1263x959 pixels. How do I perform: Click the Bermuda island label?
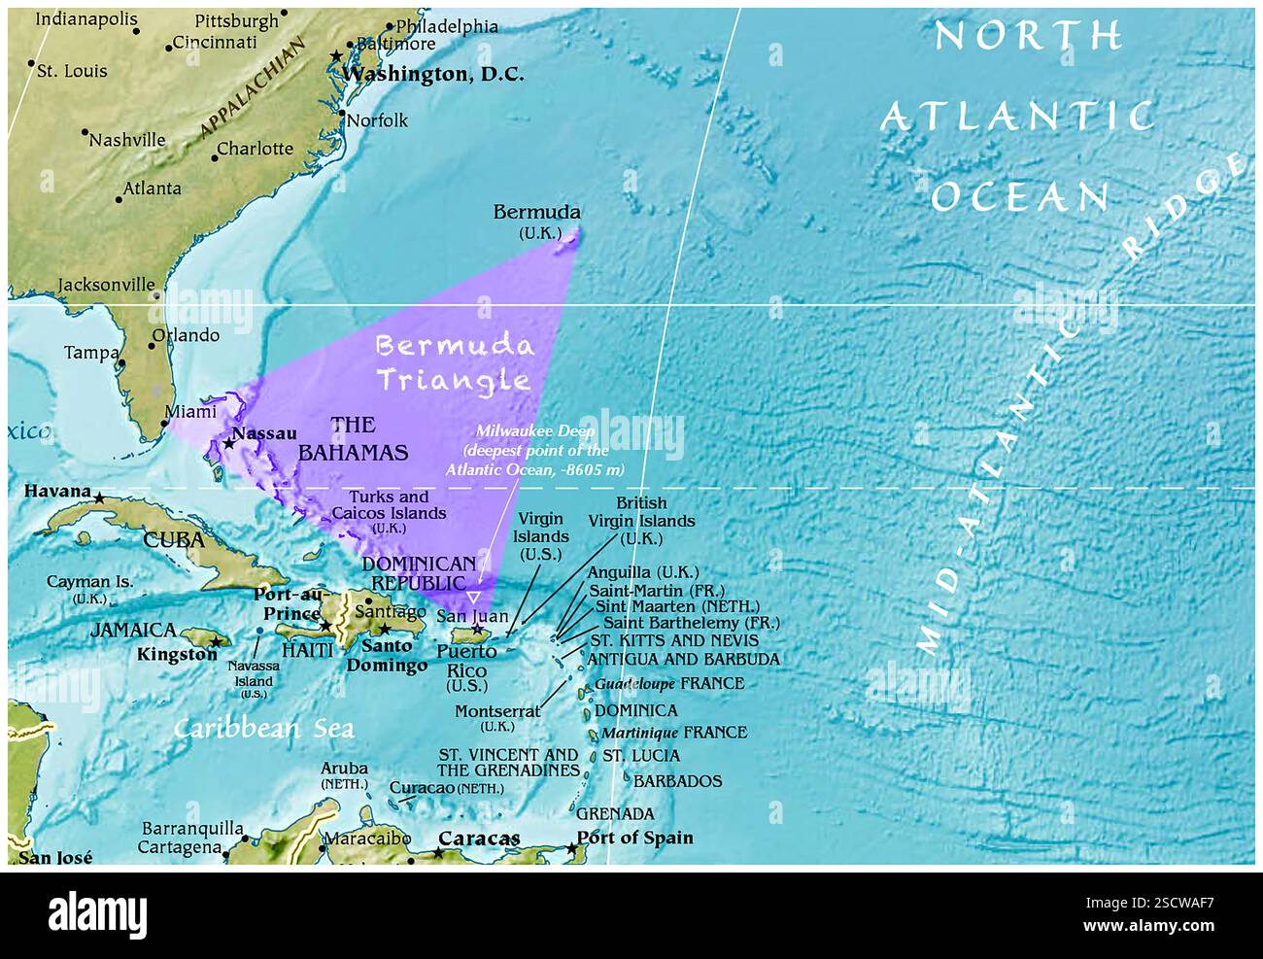(536, 212)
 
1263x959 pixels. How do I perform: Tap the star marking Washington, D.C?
(337, 56)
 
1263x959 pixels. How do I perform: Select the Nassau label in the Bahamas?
(264, 433)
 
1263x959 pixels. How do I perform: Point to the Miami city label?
(190, 412)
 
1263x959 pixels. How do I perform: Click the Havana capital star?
(99, 497)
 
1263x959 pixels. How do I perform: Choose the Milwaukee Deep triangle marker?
(473, 596)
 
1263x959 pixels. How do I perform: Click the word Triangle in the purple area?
(454, 380)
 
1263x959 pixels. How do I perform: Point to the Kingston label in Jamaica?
(177, 655)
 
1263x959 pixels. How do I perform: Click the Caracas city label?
(479, 838)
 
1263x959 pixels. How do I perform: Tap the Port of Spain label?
(634, 838)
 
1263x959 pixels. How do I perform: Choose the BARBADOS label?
(678, 781)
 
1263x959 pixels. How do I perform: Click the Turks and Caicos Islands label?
(384, 505)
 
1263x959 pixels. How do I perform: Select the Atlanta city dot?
(119, 199)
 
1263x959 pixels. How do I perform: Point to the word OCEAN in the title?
(1019, 197)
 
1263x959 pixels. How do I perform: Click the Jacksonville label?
(106, 285)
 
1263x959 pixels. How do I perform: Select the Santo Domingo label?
(387, 655)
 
